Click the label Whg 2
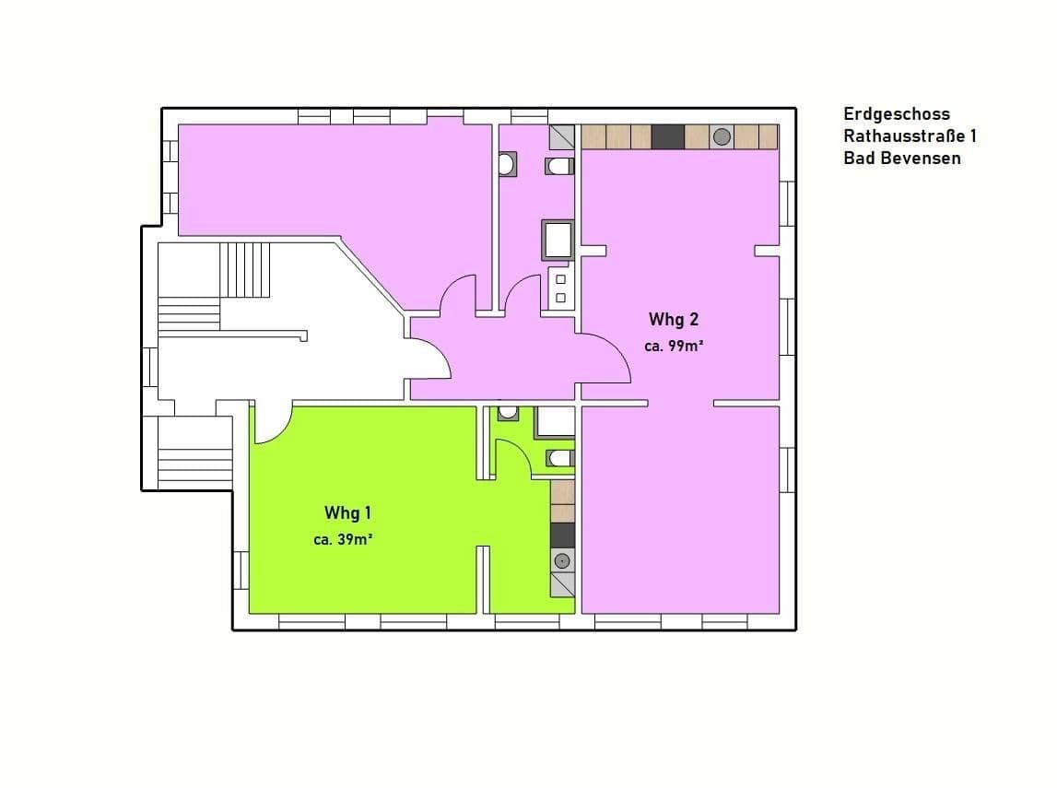[674, 320]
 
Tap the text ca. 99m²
[674, 347]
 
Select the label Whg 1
[347, 512]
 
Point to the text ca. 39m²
[342, 540]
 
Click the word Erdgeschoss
[896, 114]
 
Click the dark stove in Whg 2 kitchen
[667, 137]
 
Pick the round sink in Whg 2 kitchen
[722, 137]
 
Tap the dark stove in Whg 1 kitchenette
[562, 535]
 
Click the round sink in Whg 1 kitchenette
[562, 560]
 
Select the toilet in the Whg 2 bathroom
[559, 166]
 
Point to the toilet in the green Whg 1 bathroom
[559, 457]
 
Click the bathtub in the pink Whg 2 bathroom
[558, 241]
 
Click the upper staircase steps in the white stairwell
[245, 269]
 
